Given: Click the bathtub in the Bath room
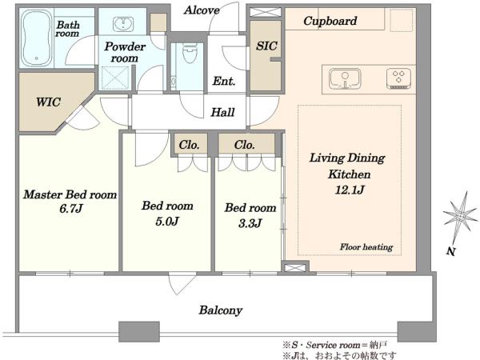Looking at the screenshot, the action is pos(37,38).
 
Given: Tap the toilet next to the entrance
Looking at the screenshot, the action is pos(189,53).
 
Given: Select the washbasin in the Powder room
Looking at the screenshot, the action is pos(123,25).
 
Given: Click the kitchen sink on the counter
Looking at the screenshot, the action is pos(345,78).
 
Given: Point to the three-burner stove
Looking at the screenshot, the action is pos(398,79).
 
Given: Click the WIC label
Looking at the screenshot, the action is pos(48,102).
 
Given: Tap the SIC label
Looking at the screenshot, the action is pos(266,46).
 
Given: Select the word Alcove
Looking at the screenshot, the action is pos(202,10).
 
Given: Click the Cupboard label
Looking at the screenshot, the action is pos(330,21).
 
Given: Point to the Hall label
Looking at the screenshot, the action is pos(223,112).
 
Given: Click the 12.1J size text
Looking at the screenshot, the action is pos(350,190).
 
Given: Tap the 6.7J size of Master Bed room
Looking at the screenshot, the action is pos(71,209).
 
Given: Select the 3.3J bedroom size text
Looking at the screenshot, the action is pos(250,223).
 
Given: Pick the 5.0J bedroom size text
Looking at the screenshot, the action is pos(167,222).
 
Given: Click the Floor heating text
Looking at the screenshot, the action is pos(366,247).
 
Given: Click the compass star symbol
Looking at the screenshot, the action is pos(460,216).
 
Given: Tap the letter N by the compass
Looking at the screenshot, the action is pos(450,251).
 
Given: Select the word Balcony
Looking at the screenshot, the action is pos(221,310).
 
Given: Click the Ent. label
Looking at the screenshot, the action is pos(224,82).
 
